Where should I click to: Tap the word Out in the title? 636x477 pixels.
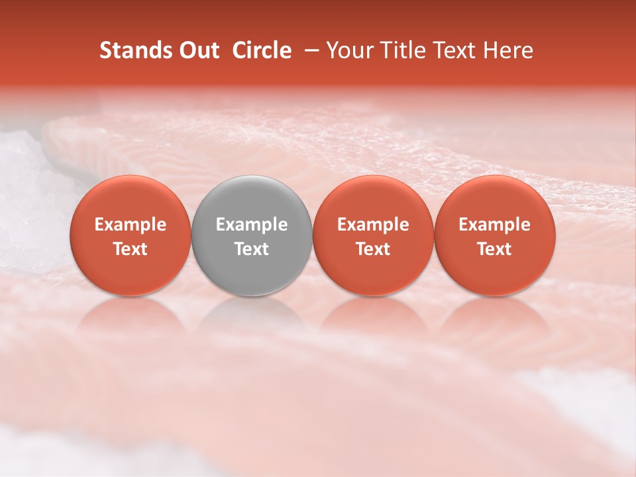click(x=198, y=50)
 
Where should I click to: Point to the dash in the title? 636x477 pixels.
click(x=309, y=51)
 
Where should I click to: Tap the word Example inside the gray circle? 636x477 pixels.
click(x=252, y=225)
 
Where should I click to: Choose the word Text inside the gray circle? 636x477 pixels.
click(x=252, y=249)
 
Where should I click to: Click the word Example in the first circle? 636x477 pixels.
click(x=131, y=225)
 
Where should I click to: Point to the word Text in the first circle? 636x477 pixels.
click(x=131, y=249)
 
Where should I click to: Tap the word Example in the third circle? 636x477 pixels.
click(x=373, y=225)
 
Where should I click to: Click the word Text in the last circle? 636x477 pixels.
click(x=495, y=249)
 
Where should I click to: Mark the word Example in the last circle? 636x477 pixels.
click(x=495, y=225)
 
